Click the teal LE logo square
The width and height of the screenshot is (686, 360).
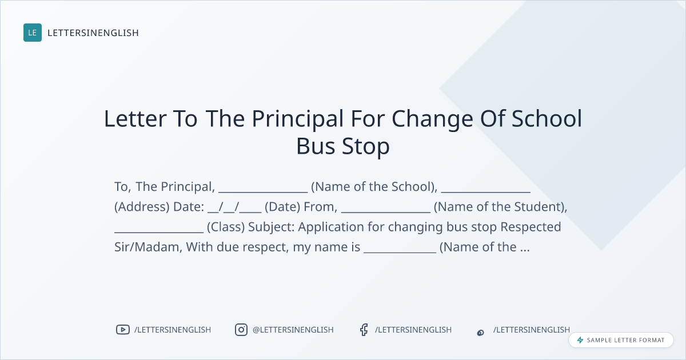point(33,33)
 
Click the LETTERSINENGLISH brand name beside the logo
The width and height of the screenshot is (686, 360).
point(93,33)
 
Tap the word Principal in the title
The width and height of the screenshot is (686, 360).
point(298,119)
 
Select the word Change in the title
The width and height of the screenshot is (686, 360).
point(432,119)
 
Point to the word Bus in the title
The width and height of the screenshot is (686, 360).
point(316,146)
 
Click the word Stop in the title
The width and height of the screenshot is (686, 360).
point(366,147)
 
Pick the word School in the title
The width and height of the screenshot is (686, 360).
point(547,118)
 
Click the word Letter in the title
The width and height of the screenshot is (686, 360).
point(135,119)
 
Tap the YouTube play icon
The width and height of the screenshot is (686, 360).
point(123,330)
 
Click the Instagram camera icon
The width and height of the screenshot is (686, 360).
point(241,330)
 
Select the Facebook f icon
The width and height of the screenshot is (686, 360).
point(364,330)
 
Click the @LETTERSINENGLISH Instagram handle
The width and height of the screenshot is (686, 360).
point(293,330)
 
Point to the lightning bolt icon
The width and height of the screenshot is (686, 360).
point(580,340)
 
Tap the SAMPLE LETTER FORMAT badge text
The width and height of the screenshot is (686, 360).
point(625,340)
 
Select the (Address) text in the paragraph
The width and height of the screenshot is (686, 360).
point(142,207)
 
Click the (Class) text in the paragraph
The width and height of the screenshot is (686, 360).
point(226,227)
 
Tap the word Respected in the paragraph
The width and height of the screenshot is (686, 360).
point(531,227)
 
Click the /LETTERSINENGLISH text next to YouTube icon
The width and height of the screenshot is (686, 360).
point(173,330)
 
